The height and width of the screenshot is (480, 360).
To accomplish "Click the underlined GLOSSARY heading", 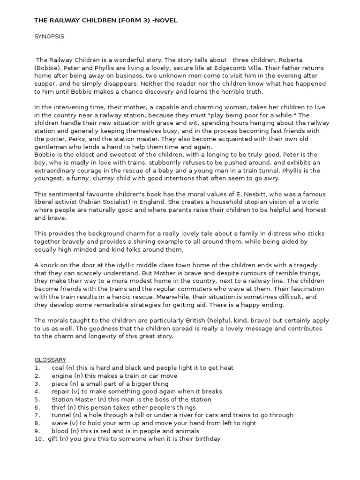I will click(50, 360).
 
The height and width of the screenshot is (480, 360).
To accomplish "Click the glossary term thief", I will click(59, 407).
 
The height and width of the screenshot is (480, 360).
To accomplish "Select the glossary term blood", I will click(60, 431).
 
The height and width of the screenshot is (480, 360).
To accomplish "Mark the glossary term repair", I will click(61, 391).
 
